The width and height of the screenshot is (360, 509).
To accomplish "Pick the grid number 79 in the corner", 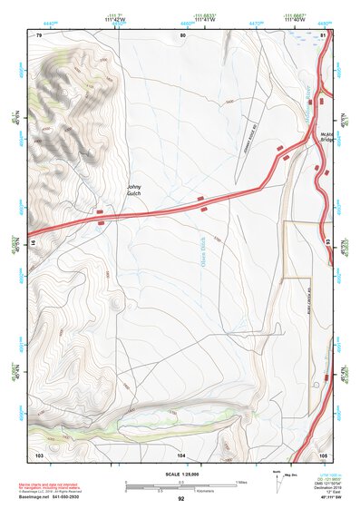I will pos(39,34).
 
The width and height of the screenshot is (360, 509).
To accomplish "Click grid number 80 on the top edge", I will pos(182,34).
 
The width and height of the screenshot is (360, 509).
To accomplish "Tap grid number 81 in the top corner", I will pos(323,34).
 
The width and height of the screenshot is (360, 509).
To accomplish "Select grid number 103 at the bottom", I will pos(39,453).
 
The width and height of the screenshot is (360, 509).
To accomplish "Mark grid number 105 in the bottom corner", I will pos(323,453).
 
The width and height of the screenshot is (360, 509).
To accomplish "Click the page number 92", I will pos(181,499).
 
